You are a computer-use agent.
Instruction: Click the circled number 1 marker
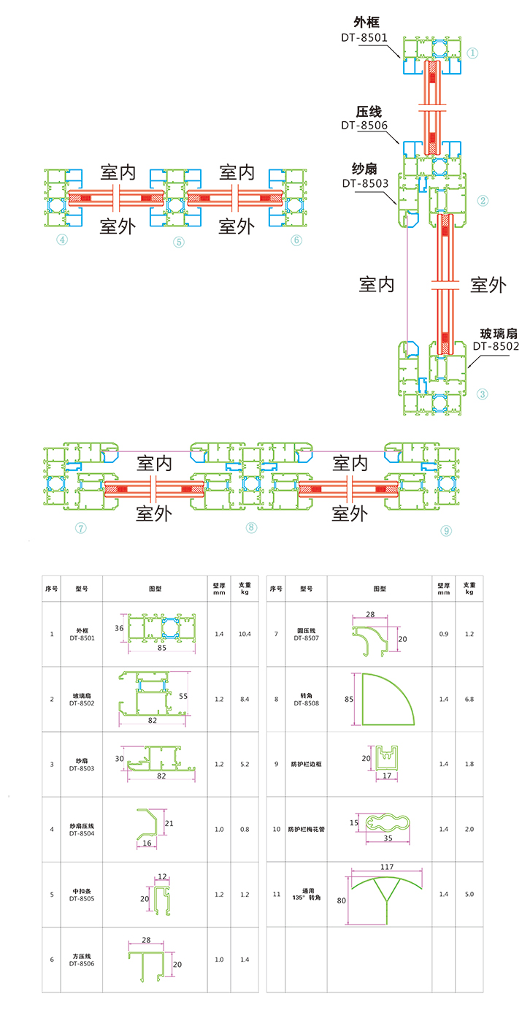pyautogui.click(x=473, y=53)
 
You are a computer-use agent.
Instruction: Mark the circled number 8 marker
pyautogui.click(x=252, y=527)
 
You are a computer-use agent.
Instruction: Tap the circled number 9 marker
pyautogui.click(x=446, y=531)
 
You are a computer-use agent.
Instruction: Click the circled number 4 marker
pyautogui.click(x=63, y=240)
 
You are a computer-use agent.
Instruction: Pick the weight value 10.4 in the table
pyautogui.click(x=245, y=634)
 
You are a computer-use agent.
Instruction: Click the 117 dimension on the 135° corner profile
pyautogui.click(x=387, y=867)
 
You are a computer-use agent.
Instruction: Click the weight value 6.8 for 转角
pyautogui.click(x=469, y=699)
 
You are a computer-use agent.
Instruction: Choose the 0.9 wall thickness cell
pyautogui.click(x=442, y=634)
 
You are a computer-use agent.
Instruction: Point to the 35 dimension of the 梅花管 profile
pyautogui.click(x=388, y=838)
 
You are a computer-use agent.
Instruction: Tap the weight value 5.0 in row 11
pyautogui.click(x=469, y=894)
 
